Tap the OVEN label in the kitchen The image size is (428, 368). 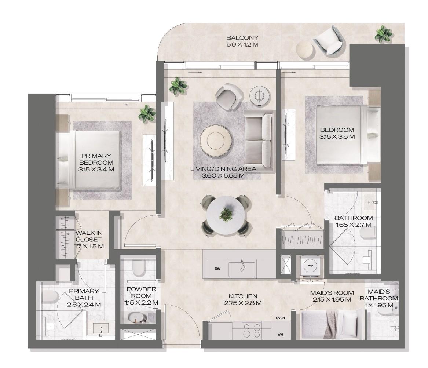(x=281, y=318)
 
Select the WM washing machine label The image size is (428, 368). (x=281, y=334)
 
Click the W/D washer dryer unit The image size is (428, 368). (x=311, y=265)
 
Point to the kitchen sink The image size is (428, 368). (x=242, y=269)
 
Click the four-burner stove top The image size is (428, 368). (x=252, y=329)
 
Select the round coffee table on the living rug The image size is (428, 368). (x=215, y=140)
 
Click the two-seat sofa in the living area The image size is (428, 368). (x=259, y=141)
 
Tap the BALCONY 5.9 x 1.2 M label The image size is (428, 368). (x=242, y=41)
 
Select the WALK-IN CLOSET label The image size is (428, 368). (x=89, y=240)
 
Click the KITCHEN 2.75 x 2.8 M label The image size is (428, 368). (x=242, y=299)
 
